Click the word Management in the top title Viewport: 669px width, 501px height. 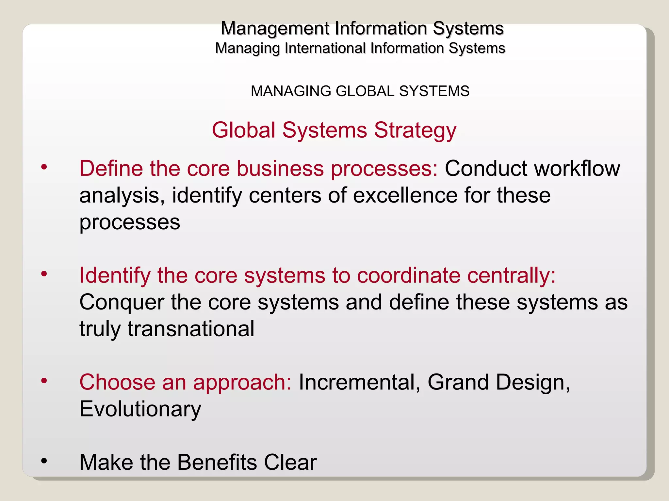pyautogui.click(x=275, y=29)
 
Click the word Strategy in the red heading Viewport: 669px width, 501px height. pyautogui.click(x=415, y=130)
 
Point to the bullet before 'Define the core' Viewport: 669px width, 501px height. pyautogui.click(x=44, y=167)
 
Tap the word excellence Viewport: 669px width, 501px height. pyautogui.click(x=405, y=196)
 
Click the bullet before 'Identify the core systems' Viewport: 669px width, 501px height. pyautogui.click(x=44, y=274)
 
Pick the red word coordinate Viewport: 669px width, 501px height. pyautogui.click(x=408, y=276)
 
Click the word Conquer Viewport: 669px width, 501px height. pyautogui.click(x=122, y=303)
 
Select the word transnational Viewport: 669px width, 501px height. pyautogui.click(x=191, y=329)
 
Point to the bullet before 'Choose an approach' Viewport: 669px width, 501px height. pyautogui.click(x=44, y=381)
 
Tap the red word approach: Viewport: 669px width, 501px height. pyautogui.click(x=242, y=383)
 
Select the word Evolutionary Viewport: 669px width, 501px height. pyautogui.click(x=140, y=409)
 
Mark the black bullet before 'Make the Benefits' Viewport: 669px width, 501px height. pyautogui.click(x=44, y=461)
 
